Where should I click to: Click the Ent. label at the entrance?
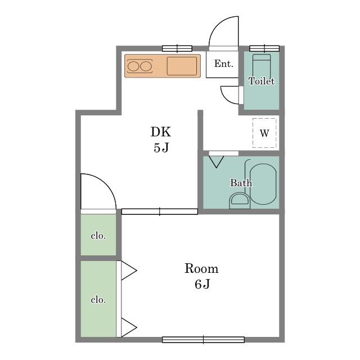(224, 64)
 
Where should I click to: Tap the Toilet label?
(262, 81)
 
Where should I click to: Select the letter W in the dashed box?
(264, 133)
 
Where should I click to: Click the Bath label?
(241, 183)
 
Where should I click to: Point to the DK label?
(161, 132)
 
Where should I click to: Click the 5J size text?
(161, 147)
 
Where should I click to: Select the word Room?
(201, 268)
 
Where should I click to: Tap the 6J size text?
(202, 284)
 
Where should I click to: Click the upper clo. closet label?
(98, 236)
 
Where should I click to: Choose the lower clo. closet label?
(98, 300)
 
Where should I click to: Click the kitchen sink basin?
(182, 66)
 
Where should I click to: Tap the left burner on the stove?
(133, 66)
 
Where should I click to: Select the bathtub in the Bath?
(263, 184)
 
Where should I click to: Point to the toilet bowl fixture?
(262, 66)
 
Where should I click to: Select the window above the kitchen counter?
(177, 48)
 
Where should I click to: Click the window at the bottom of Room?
(203, 340)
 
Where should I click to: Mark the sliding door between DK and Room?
(160, 211)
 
